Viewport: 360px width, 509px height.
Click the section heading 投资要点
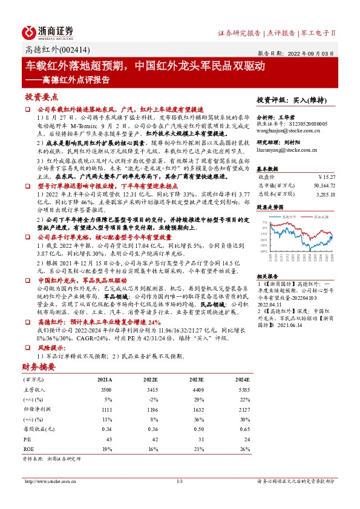pyautogui.click(x=42, y=97)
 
